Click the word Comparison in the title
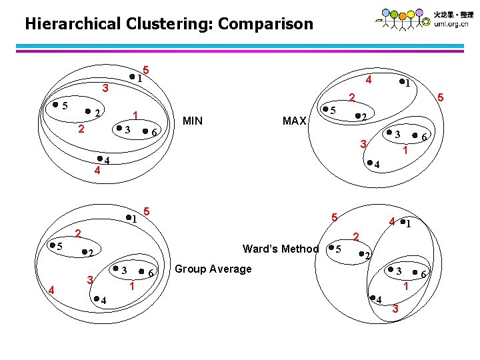(x=265, y=25)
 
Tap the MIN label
(x=193, y=121)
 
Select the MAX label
(x=294, y=121)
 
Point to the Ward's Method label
(x=281, y=249)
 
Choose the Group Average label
(x=213, y=269)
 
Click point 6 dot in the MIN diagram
(x=145, y=130)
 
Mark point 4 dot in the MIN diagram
(x=99, y=158)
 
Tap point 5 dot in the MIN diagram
(x=55, y=105)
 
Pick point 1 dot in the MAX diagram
(x=401, y=83)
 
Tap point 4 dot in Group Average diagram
(x=95, y=298)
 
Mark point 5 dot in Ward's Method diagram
(x=331, y=249)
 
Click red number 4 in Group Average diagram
(x=52, y=289)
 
